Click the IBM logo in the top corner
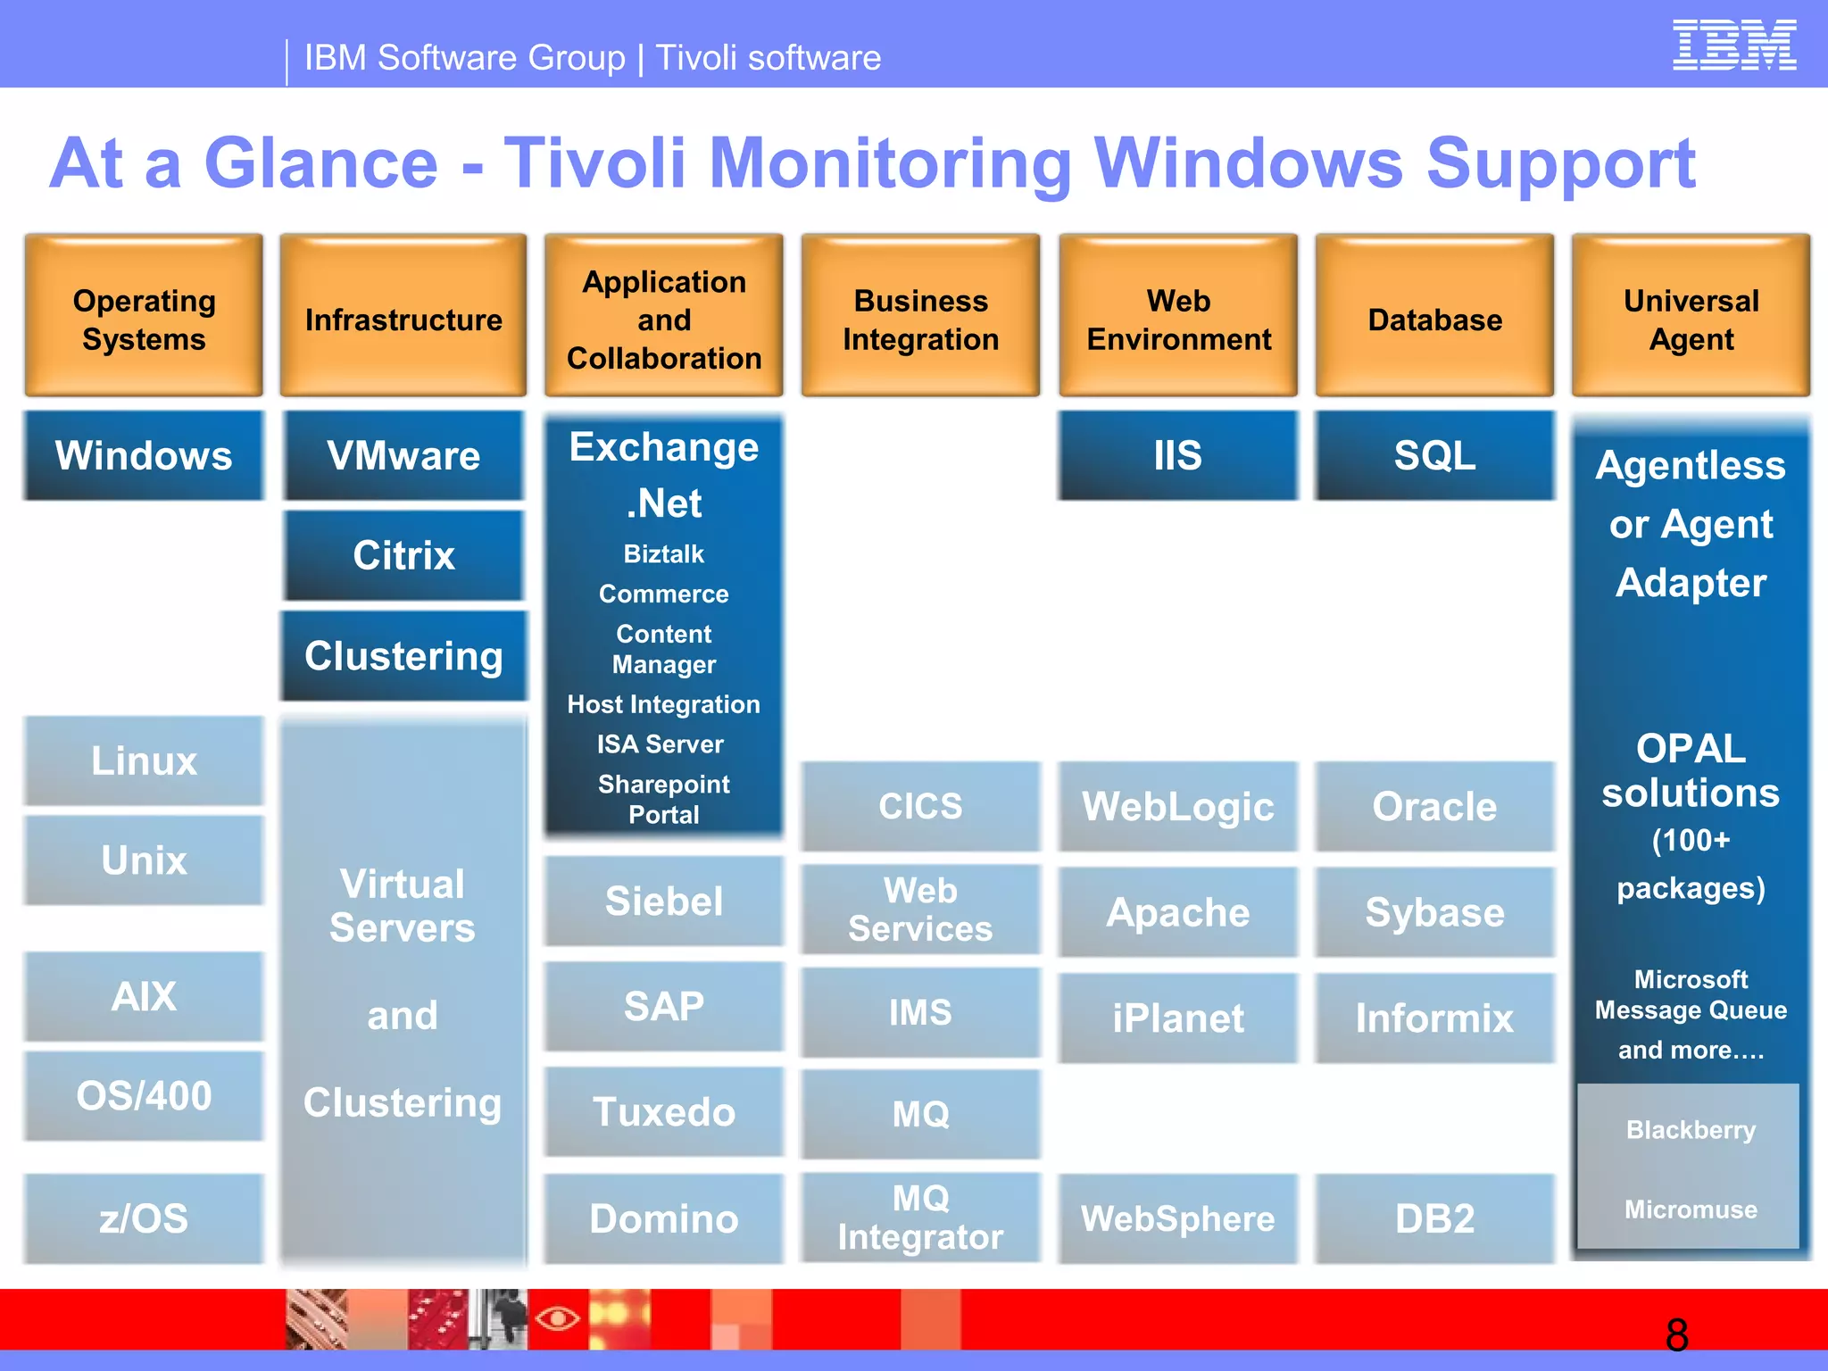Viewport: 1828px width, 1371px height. (x=1733, y=46)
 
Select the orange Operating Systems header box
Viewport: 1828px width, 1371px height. (x=144, y=316)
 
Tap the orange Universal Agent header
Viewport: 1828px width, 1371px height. (x=1691, y=316)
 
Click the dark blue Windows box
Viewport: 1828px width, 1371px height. (x=144, y=455)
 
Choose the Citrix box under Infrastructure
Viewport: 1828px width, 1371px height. (x=403, y=555)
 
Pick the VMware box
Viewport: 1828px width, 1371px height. (x=403, y=455)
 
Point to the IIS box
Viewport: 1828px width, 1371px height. (x=1177, y=455)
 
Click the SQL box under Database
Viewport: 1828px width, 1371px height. (x=1434, y=455)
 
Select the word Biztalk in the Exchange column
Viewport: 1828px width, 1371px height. (x=663, y=554)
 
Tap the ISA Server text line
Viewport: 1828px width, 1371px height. (x=661, y=744)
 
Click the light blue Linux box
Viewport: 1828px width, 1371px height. (x=144, y=761)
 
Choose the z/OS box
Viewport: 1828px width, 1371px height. (x=144, y=1218)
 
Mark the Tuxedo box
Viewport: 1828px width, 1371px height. (x=663, y=1112)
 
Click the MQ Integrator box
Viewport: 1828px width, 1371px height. (x=920, y=1217)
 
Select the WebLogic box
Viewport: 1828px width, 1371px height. (x=1177, y=807)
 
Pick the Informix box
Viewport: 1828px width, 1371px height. (x=1434, y=1018)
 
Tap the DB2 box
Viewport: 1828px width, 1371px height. (x=1434, y=1218)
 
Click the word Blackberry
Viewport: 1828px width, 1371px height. (x=1691, y=1130)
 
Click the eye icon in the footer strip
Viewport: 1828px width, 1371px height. (x=558, y=1317)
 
